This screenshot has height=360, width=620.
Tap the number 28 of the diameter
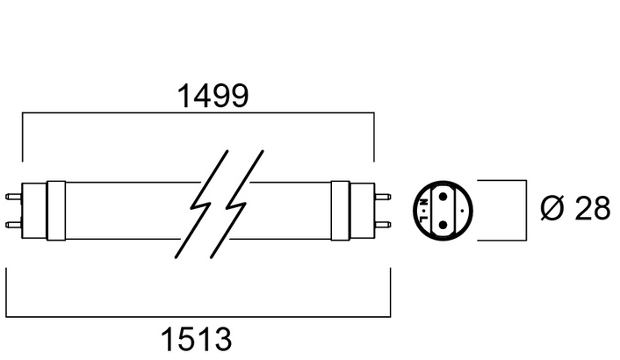[590, 208]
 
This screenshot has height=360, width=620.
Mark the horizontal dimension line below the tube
[198, 315]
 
